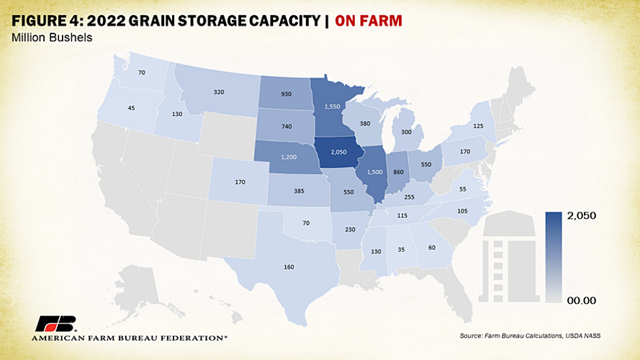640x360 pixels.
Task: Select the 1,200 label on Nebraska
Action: pos(289,156)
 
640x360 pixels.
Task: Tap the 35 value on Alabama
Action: pos(401,248)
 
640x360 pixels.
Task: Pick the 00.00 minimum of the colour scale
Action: pos(578,300)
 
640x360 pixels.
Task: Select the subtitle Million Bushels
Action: pos(52,37)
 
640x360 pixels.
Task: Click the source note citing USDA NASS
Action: pos(530,336)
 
